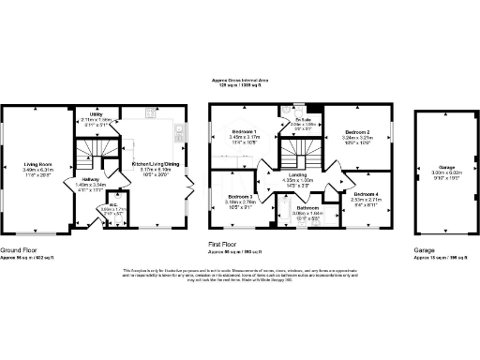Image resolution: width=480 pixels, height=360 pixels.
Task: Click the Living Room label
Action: tap(39, 163)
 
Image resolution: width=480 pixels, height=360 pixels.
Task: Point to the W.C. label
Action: tap(112, 202)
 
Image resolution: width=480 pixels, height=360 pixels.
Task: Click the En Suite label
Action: tap(302, 118)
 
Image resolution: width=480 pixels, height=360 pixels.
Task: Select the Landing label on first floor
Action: tap(299, 174)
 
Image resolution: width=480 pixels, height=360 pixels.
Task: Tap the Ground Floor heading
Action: tap(18, 250)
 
